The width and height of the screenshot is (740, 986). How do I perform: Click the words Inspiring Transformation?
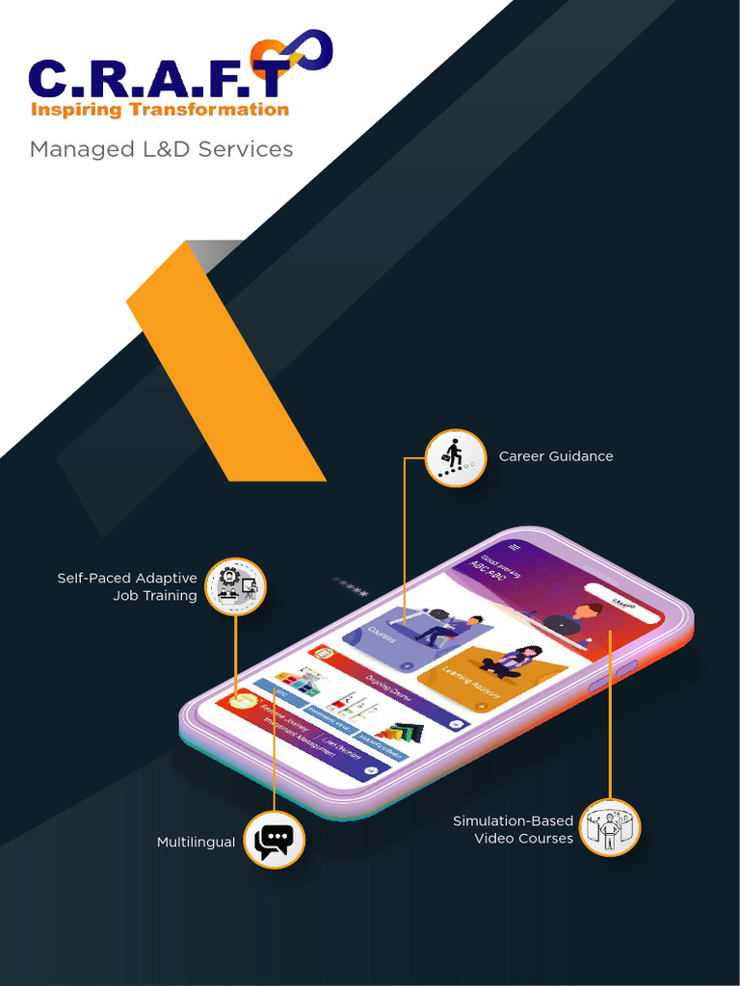click(x=160, y=110)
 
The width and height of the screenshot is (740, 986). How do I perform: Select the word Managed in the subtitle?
click(x=70, y=149)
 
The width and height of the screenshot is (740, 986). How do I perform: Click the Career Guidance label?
click(x=556, y=456)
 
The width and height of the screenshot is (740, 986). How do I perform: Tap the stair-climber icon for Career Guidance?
click(x=455, y=457)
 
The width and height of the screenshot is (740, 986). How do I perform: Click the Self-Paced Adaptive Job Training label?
click(x=127, y=586)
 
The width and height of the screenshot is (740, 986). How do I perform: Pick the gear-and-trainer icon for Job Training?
click(x=235, y=586)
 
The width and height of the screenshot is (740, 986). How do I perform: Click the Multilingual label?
click(x=196, y=843)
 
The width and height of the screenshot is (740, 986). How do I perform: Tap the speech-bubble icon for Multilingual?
click(x=274, y=840)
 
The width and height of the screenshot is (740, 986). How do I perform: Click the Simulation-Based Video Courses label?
click(x=513, y=830)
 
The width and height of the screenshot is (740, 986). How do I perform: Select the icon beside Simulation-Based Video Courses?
click(x=610, y=827)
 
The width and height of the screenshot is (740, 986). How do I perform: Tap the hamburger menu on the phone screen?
click(x=515, y=546)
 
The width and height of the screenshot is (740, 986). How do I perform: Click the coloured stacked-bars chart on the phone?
click(x=401, y=734)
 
